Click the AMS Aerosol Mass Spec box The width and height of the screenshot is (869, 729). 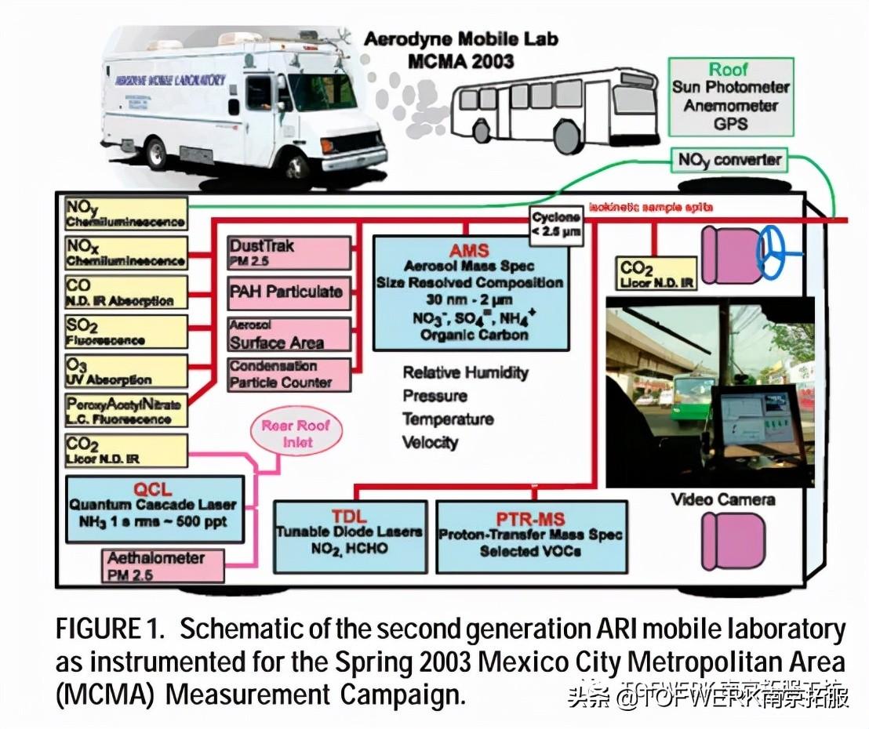pyautogui.click(x=469, y=292)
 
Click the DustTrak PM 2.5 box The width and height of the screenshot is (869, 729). pyautogui.click(x=288, y=251)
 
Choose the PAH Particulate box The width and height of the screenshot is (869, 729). pyautogui.click(x=288, y=292)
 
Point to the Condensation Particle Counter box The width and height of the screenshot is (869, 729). pyautogui.click(x=288, y=374)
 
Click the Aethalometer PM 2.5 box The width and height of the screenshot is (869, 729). pyautogui.click(x=162, y=565)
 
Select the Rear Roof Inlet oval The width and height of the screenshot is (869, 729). pyautogui.click(x=296, y=434)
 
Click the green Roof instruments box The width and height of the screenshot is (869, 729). pyautogui.click(x=729, y=96)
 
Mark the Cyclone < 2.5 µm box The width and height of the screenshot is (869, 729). pyautogui.click(x=556, y=223)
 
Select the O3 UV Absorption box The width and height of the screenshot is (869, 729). pyautogui.click(x=125, y=371)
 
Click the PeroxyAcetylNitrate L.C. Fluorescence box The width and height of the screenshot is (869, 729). pyautogui.click(x=125, y=410)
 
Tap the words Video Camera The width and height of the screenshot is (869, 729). pyautogui.click(x=722, y=499)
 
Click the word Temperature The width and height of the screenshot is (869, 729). pyautogui.click(x=447, y=419)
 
